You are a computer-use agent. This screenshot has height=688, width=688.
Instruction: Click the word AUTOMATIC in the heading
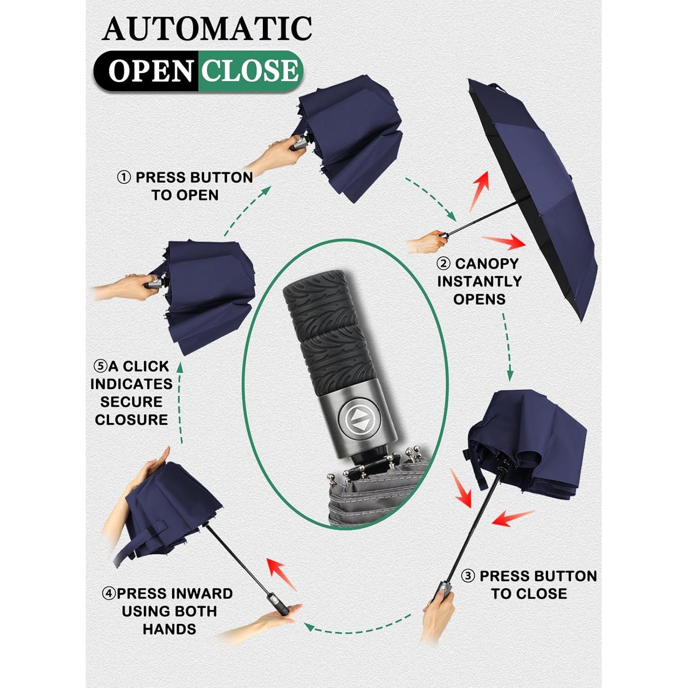[207, 29]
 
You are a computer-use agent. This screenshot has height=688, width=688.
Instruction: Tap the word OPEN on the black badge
[150, 72]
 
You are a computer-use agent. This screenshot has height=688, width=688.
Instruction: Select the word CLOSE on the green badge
[250, 71]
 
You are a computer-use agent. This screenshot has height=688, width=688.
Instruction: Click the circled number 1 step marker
[124, 178]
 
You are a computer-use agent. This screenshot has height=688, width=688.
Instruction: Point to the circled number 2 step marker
[443, 264]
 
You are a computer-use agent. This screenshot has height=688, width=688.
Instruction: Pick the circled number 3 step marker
[467, 576]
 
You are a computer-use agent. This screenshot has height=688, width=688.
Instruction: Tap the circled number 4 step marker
[109, 594]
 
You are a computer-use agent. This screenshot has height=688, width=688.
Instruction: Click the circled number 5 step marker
[100, 366]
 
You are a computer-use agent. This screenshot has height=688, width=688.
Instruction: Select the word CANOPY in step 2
[486, 264]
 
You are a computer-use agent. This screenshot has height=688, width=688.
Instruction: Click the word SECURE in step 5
[131, 402]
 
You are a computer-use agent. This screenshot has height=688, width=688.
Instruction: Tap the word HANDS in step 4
[169, 629]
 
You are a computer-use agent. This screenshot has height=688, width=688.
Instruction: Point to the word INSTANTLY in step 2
[479, 281]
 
